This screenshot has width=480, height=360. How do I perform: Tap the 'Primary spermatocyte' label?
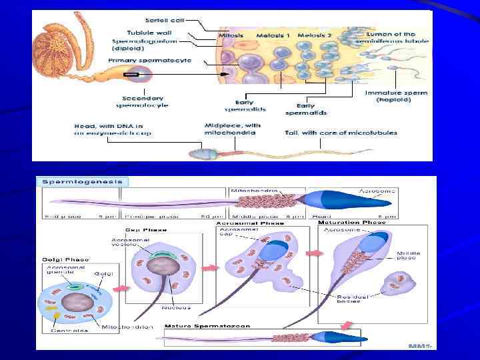coord(150,60)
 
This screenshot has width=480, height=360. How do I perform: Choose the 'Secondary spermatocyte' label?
coord(141,101)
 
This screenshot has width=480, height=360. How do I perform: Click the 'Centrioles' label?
coord(69,330)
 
